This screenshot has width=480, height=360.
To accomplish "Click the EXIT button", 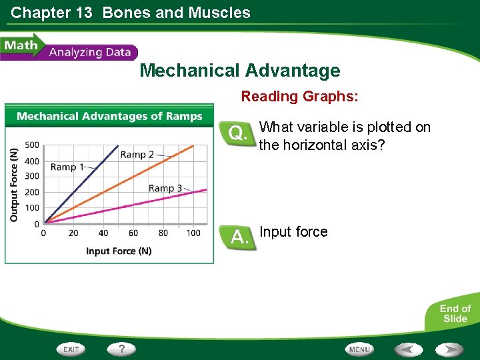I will point(71,349).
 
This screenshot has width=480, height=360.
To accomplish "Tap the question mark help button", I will point(122,349).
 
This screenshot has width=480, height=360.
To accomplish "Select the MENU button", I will point(359,349).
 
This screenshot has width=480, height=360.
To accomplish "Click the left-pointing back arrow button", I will point(407,349).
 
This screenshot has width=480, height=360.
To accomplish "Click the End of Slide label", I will point(455,313).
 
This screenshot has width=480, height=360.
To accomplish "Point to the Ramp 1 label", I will point(67,167).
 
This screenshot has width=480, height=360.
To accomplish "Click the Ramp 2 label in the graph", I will point(137,155).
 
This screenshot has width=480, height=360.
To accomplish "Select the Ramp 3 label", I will point(165,188).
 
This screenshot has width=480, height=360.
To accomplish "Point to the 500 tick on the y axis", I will point(32,145).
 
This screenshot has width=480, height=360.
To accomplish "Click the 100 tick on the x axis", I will point(193,233).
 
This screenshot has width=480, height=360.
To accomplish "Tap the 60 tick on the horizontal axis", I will point(133,233).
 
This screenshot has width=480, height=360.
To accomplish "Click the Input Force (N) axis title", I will point(119,251).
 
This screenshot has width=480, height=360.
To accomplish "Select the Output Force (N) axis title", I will point(14,185).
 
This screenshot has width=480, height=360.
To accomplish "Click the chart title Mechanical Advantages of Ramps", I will point(109,116).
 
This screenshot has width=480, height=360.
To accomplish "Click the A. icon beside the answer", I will point(237,237).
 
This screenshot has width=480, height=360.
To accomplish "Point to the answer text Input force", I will point(293,232).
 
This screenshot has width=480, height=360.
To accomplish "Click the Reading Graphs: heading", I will point(299,97).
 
